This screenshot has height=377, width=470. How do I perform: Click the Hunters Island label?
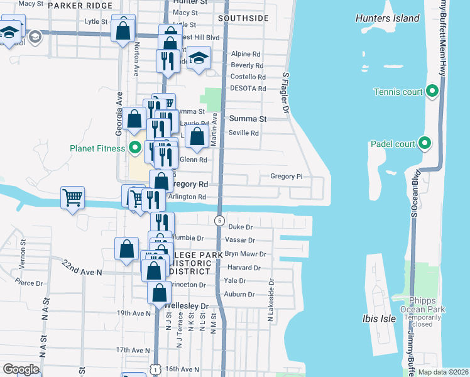click(387, 18)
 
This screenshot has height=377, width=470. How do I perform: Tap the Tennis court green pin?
click(432, 92)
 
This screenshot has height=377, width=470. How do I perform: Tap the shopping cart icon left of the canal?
click(72, 197)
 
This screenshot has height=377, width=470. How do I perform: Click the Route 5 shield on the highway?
click(219, 221)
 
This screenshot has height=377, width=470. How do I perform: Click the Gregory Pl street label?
click(287, 177)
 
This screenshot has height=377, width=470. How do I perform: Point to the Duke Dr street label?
click(240, 227)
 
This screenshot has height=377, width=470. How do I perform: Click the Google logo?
click(21, 369)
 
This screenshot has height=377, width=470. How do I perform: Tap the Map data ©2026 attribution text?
click(442, 372)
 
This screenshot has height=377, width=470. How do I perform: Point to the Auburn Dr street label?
click(239, 294)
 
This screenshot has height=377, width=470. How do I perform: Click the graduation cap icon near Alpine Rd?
click(199, 58)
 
